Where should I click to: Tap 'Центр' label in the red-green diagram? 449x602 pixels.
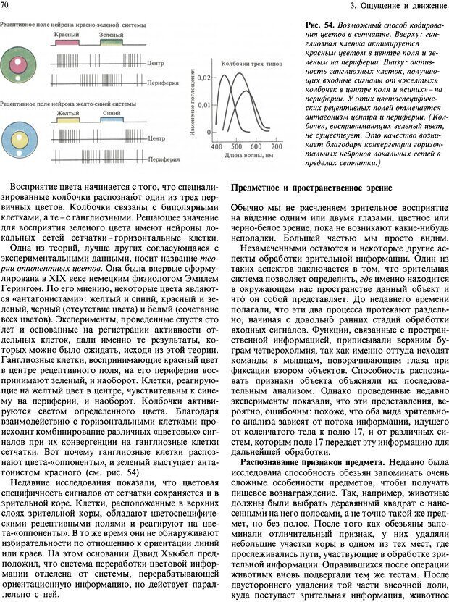pyautogui.click(x=156, y=63)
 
